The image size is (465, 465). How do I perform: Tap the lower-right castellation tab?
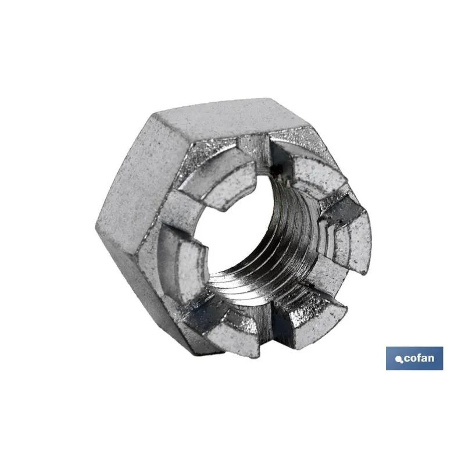click(314, 317)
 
